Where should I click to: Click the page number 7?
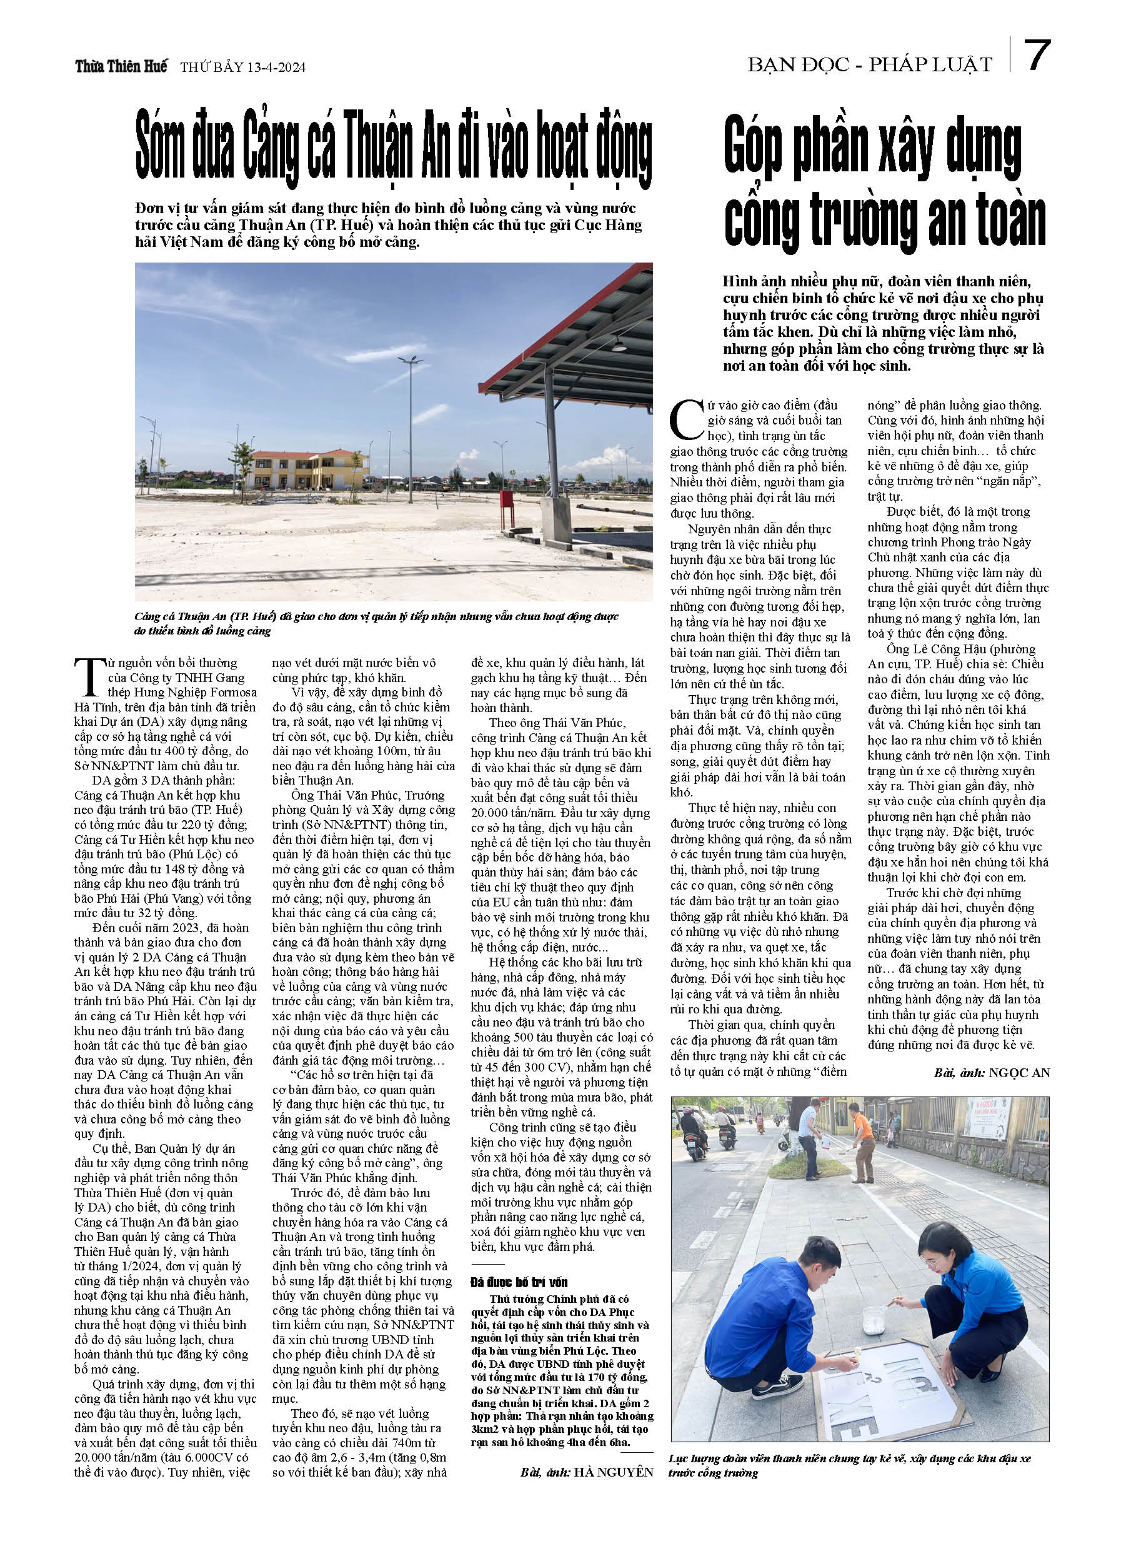(1037, 56)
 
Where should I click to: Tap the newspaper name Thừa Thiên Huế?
(121, 67)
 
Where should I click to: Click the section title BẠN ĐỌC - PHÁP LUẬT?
(870, 65)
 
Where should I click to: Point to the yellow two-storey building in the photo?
(310, 469)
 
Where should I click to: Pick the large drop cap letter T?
(89, 678)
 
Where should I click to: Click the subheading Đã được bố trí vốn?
(519, 1282)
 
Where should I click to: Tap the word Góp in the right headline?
(752, 147)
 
